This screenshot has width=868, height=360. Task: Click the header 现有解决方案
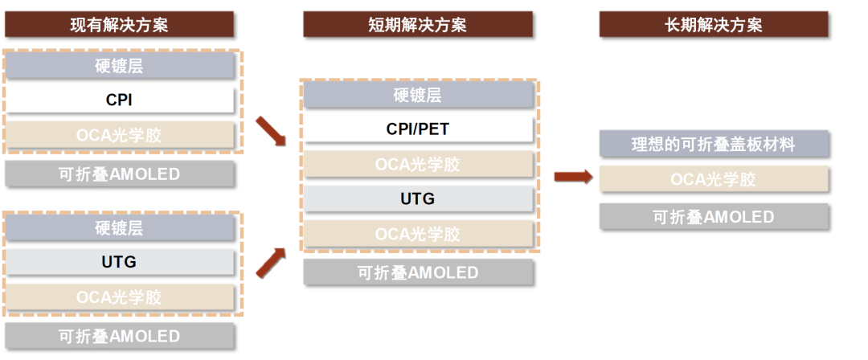point(119,24)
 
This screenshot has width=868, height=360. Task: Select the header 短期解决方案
point(418,24)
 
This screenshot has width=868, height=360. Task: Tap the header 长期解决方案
point(714,24)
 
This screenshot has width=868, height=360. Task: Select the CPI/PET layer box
point(418,129)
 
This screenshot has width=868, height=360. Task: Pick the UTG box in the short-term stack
point(418,198)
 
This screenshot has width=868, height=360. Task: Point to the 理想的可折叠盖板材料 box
point(714,145)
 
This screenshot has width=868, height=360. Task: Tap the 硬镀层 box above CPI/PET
point(418,95)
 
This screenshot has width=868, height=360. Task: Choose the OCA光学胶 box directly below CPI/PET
point(418,164)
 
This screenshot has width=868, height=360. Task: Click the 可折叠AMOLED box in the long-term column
point(714,216)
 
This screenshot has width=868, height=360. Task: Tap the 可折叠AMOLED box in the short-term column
point(418,272)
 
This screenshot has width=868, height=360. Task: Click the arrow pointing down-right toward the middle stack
point(270,132)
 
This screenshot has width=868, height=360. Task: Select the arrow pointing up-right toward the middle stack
point(270,262)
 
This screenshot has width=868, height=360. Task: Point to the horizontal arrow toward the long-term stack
point(572,178)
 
